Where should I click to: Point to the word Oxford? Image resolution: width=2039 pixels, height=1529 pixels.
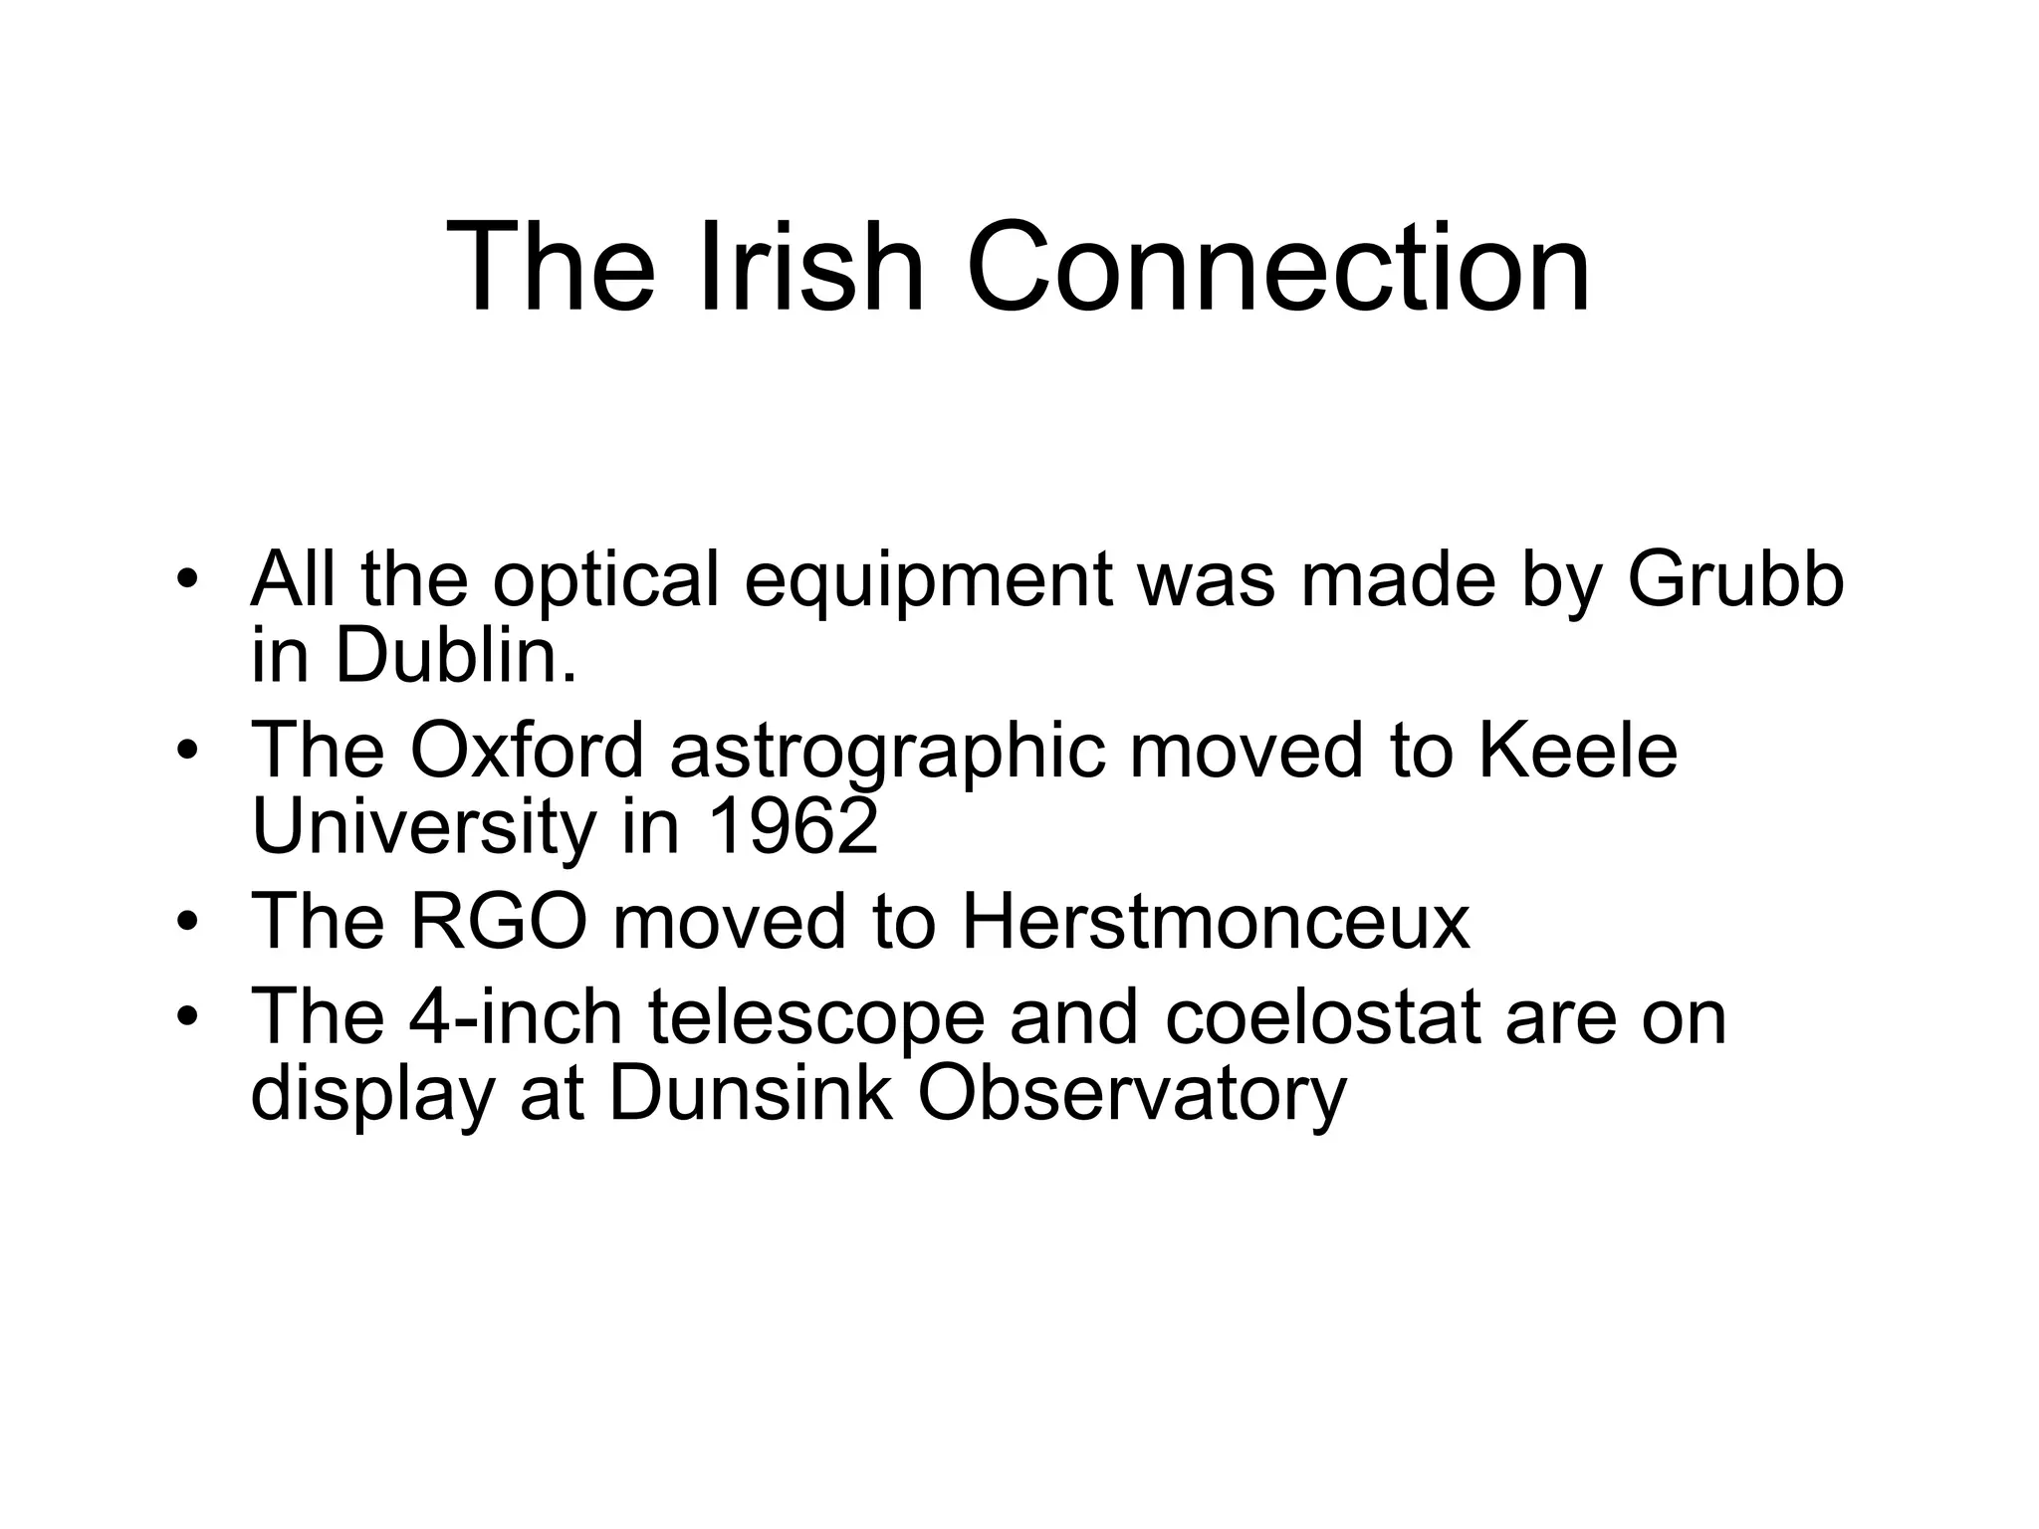528,750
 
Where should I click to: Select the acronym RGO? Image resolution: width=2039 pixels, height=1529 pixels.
499,921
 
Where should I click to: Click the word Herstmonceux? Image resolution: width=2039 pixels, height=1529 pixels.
1216,921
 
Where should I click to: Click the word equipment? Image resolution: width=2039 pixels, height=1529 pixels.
928,581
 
